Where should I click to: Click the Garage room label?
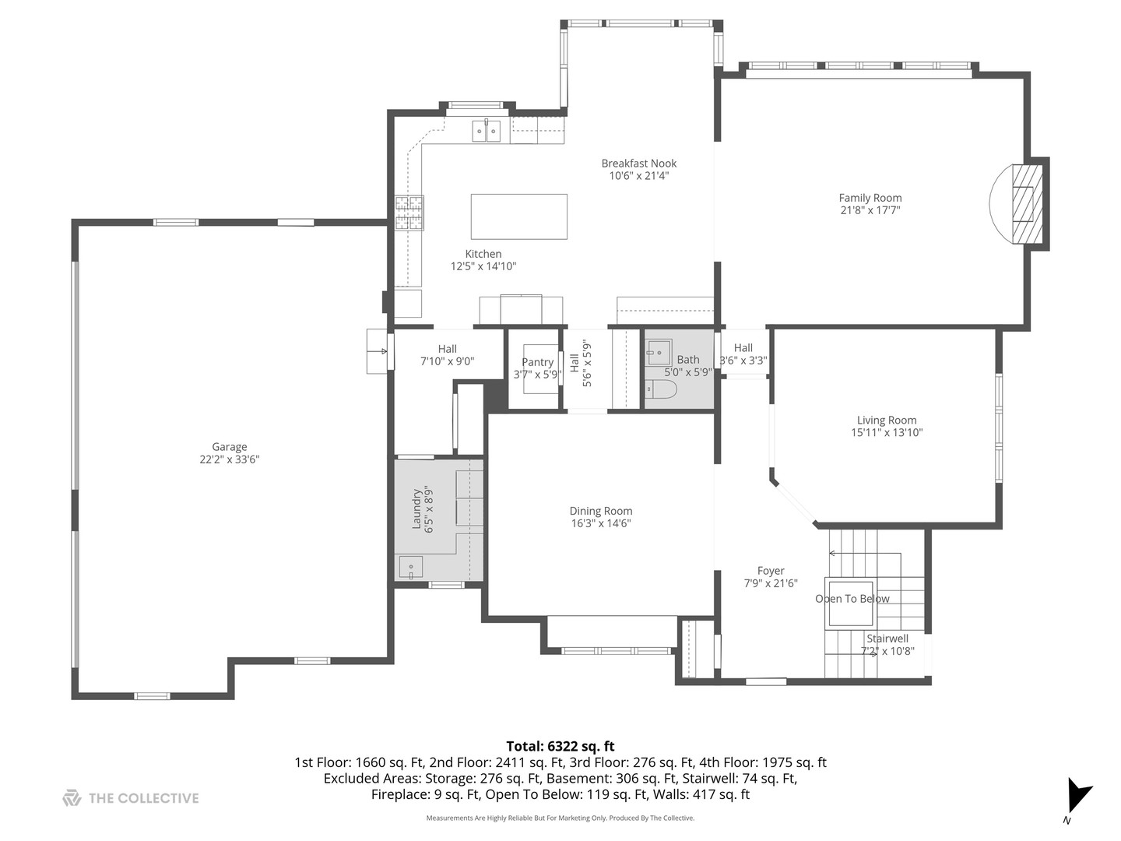coord(230,447)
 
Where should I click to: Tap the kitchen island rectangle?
coord(518,216)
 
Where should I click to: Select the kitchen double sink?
coord(487,132)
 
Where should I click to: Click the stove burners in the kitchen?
coord(409,213)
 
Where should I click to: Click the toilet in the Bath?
coord(661,389)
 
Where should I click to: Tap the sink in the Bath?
coord(659,353)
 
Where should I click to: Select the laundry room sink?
coord(410,568)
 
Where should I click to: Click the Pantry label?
coord(537,362)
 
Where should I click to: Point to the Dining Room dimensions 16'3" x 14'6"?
coord(600,523)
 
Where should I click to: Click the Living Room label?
coord(887,420)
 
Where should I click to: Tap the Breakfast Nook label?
coord(638,164)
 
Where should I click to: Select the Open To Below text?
coord(852,599)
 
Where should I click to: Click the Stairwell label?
coord(887,639)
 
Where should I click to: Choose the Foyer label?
coord(771,571)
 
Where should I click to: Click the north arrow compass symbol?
coord(1078,797)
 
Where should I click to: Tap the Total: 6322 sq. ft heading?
coord(560,746)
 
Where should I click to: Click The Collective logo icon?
coord(72,798)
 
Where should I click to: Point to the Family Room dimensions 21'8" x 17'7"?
coord(870,210)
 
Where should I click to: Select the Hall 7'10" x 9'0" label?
coord(447,349)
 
